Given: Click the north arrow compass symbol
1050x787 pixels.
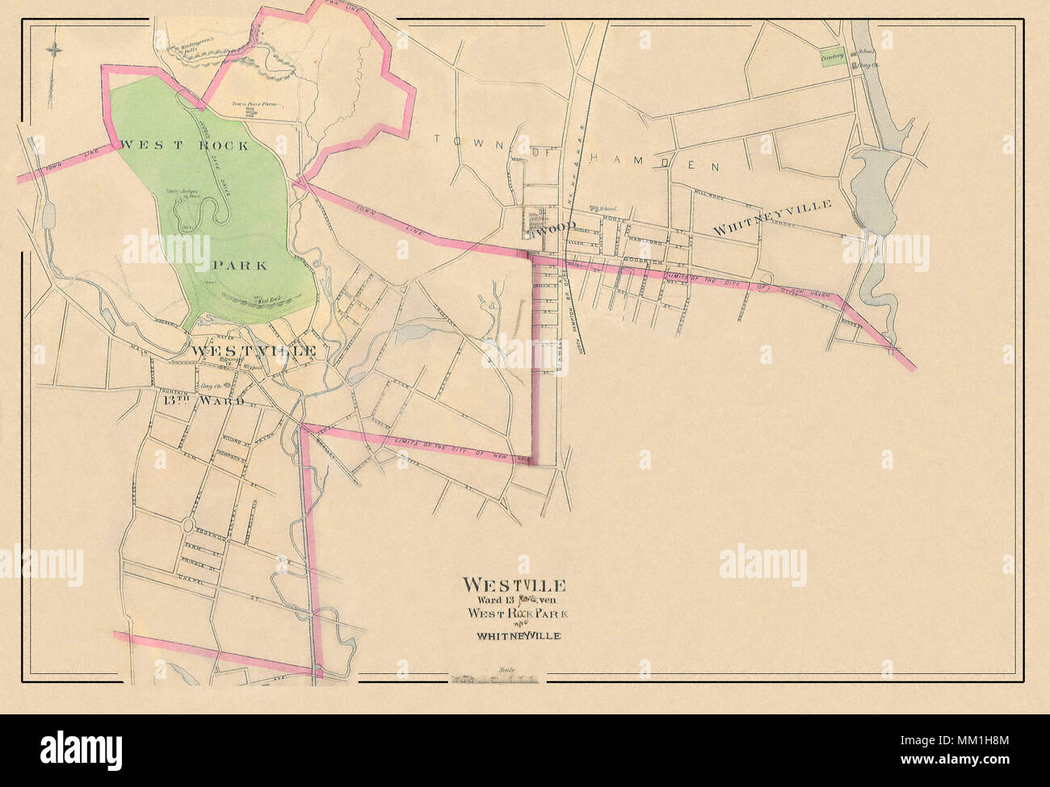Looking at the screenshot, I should pos(54,50).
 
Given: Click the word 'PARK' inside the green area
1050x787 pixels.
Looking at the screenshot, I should pos(240,265).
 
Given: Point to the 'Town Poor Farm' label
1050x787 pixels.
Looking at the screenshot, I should pos(250,104).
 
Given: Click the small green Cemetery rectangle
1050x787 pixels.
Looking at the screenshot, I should pos(832,57).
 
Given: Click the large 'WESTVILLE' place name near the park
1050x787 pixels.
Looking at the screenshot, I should pos(251,351).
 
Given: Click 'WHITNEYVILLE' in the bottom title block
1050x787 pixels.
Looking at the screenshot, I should pos(518,636).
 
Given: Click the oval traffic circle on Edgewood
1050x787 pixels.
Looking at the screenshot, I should pos(187,525).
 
